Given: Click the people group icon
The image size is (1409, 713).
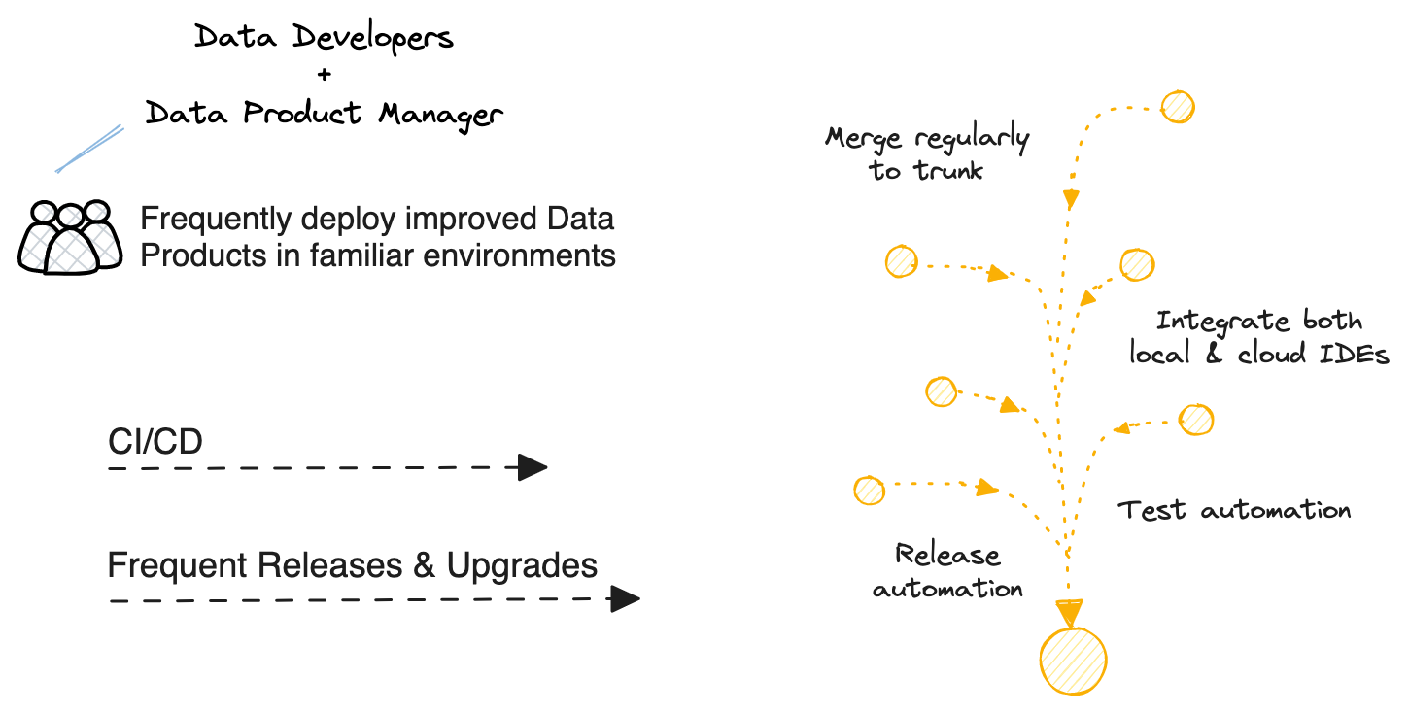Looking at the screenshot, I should pos(70,237).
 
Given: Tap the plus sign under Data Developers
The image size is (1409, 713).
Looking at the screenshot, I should pos(325,75).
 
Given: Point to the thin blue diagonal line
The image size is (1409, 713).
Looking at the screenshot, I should pos(90,149).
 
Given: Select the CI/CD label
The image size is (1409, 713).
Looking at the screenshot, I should pos(155,442).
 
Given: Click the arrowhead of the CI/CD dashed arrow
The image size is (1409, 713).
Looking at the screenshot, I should pos(532,467).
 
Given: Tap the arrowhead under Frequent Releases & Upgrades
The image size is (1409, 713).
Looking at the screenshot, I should pos(624,599).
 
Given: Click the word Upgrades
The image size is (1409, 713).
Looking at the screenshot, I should pos(522,564).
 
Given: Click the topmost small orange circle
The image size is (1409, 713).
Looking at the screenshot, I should pos(1178,107).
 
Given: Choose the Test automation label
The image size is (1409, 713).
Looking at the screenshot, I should pos(1234,510).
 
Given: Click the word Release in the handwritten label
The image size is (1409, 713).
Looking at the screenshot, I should pos(947,556).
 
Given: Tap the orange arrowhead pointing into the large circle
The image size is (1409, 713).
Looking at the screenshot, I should pos(1069,613).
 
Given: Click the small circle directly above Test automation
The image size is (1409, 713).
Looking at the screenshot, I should pos(1196,420).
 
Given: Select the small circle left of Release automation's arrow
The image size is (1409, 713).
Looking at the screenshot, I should pos(869,490).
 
